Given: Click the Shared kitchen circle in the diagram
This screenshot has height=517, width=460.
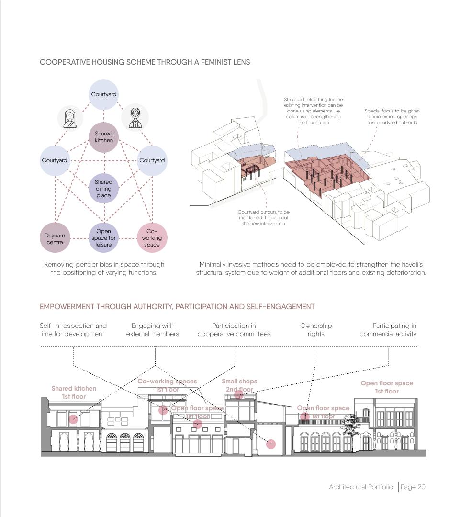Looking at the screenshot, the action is [x=103, y=137].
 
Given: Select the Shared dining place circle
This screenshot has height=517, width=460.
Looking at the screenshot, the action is [x=103, y=189].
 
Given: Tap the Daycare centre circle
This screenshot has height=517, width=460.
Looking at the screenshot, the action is [x=55, y=238].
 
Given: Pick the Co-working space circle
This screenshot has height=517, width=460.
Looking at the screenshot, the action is [x=152, y=238].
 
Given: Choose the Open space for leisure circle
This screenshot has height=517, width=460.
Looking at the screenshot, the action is [x=103, y=238].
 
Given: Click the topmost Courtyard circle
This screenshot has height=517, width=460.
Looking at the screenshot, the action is [x=103, y=94].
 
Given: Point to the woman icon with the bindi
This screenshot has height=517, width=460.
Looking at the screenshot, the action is [x=70, y=118].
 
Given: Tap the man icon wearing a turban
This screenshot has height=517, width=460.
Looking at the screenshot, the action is [x=135, y=117].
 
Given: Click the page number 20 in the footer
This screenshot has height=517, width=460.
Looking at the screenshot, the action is [x=421, y=487].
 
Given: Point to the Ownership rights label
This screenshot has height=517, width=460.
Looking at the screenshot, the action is [x=316, y=330].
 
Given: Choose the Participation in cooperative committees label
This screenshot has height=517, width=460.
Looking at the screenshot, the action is [x=234, y=330].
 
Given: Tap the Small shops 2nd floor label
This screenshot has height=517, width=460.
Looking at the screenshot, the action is [x=239, y=385].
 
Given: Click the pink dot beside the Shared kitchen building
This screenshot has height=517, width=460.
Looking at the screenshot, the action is [x=73, y=419].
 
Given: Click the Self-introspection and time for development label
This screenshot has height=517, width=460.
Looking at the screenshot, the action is [x=73, y=330].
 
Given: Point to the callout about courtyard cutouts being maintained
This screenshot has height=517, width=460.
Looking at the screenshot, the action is [x=263, y=217].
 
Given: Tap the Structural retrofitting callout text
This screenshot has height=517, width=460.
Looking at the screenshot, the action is [x=313, y=111].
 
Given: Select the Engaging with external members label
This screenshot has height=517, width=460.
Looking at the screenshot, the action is [x=152, y=330].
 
